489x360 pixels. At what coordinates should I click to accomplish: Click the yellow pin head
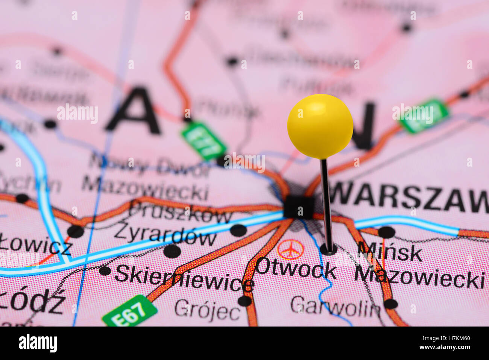[320, 126]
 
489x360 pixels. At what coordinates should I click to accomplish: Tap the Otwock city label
[296, 270]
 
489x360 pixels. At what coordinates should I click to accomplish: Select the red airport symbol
[290, 249]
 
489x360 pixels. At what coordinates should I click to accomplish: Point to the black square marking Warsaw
[299, 207]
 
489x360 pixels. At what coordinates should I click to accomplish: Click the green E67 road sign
[130, 311]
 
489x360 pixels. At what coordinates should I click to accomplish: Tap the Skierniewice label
[184, 279]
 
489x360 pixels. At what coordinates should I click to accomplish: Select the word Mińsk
[390, 252]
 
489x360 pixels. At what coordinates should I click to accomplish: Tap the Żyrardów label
[166, 235]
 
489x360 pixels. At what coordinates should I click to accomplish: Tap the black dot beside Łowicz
[75, 231]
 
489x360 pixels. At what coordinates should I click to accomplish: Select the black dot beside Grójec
[244, 301]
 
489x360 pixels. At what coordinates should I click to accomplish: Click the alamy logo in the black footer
[38, 343]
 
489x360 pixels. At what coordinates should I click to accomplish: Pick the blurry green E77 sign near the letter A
[203, 140]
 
